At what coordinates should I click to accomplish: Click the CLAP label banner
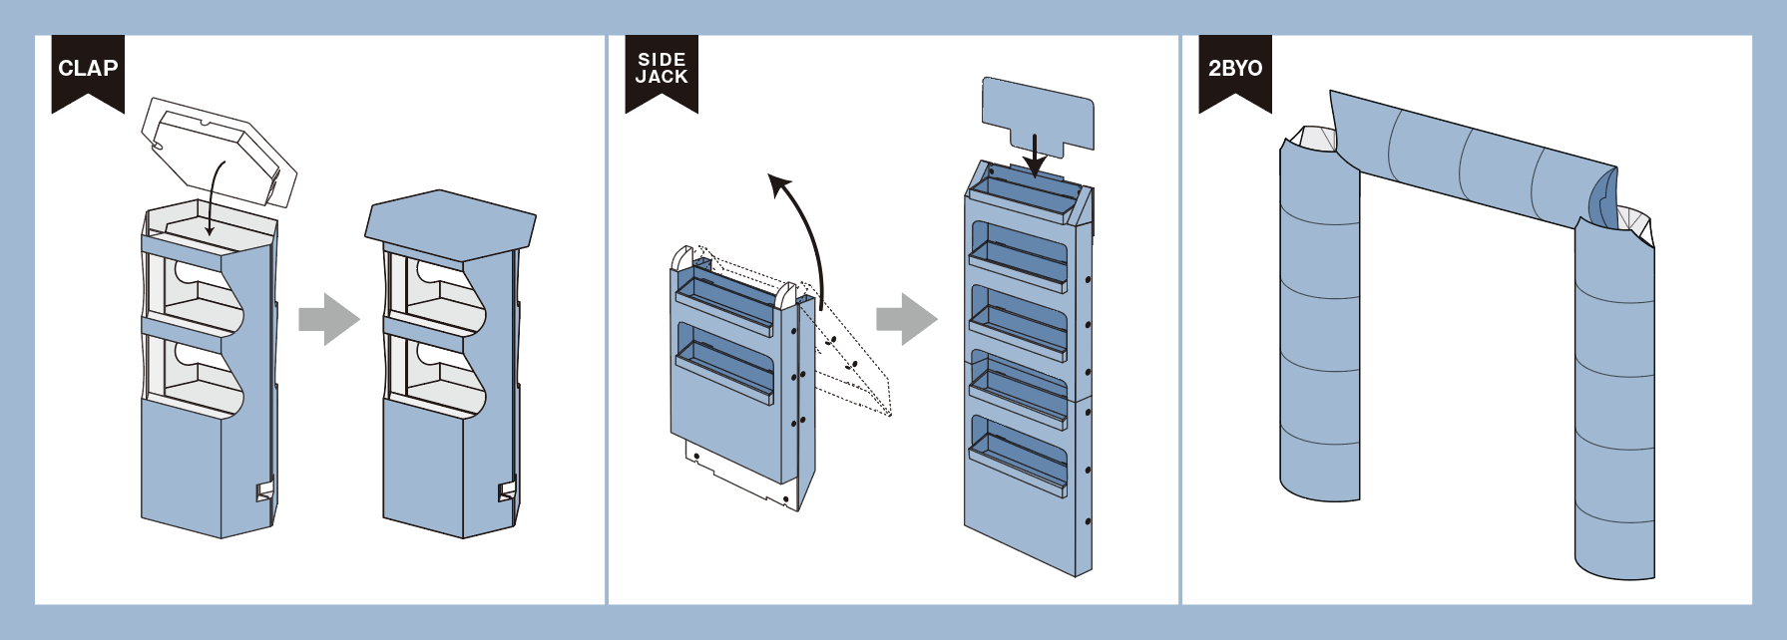coord(88,70)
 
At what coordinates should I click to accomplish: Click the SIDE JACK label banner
coord(662,70)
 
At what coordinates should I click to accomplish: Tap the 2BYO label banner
coord(1235,70)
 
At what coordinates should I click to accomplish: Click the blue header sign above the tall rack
coord(1038,110)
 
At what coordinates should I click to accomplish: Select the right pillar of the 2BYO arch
coord(1614,399)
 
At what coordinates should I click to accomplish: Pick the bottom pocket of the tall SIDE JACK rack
coord(1018,454)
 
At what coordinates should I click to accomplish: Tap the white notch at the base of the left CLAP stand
coord(265,490)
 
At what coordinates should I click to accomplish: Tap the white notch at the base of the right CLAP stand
coord(507,490)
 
